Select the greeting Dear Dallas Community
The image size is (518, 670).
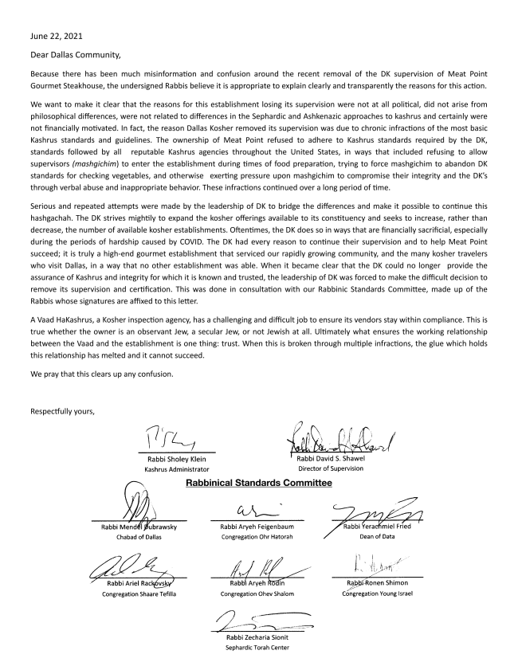77,55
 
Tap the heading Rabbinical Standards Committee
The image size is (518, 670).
255,484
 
